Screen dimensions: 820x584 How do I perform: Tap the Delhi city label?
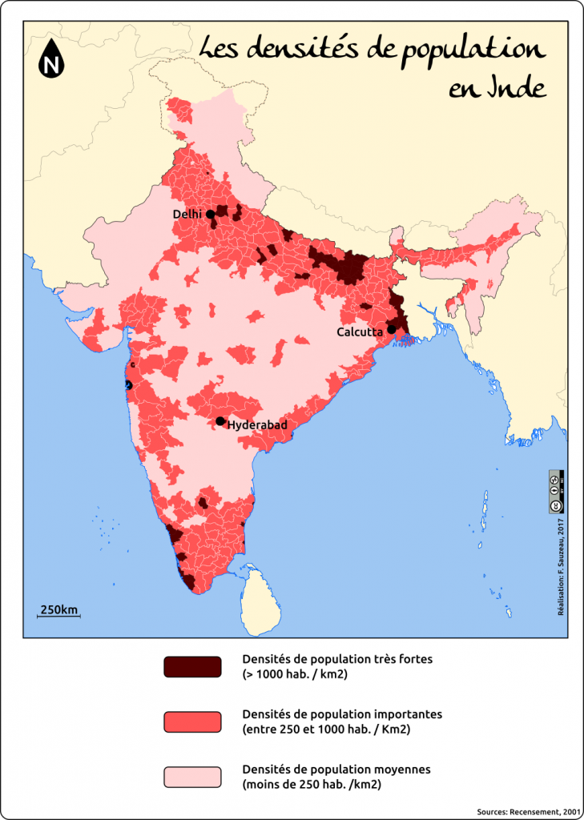click(x=187, y=215)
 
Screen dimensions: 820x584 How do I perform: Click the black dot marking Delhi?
click(x=210, y=214)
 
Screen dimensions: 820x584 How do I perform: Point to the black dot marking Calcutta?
click(x=391, y=329)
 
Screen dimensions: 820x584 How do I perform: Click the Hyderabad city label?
click(x=257, y=425)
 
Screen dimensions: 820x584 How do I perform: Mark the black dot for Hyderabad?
click(x=220, y=421)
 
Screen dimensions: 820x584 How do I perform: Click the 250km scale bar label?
click(x=59, y=610)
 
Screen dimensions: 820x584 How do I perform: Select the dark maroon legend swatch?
click(x=192, y=667)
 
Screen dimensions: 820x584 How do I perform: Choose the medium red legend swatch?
click(x=192, y=722)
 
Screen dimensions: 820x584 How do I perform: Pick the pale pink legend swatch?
click(x=192, y=777)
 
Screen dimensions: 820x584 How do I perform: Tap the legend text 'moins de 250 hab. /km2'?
click(x=311, y=785)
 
